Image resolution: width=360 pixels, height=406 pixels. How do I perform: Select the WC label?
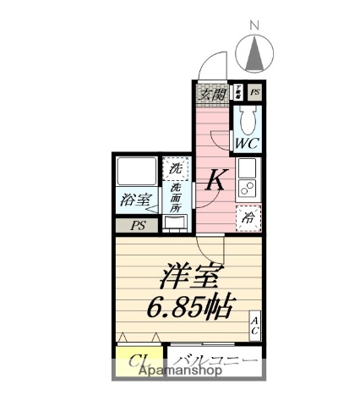248,144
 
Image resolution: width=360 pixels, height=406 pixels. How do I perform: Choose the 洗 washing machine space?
174,168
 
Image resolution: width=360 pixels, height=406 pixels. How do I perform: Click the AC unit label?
254,326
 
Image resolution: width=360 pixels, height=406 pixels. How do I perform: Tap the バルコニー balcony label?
215,361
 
